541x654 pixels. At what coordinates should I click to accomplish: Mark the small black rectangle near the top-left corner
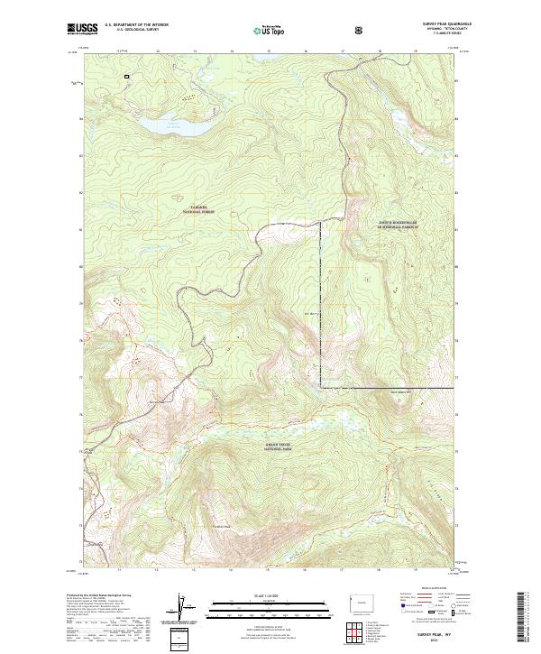click(x=126, y=77)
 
